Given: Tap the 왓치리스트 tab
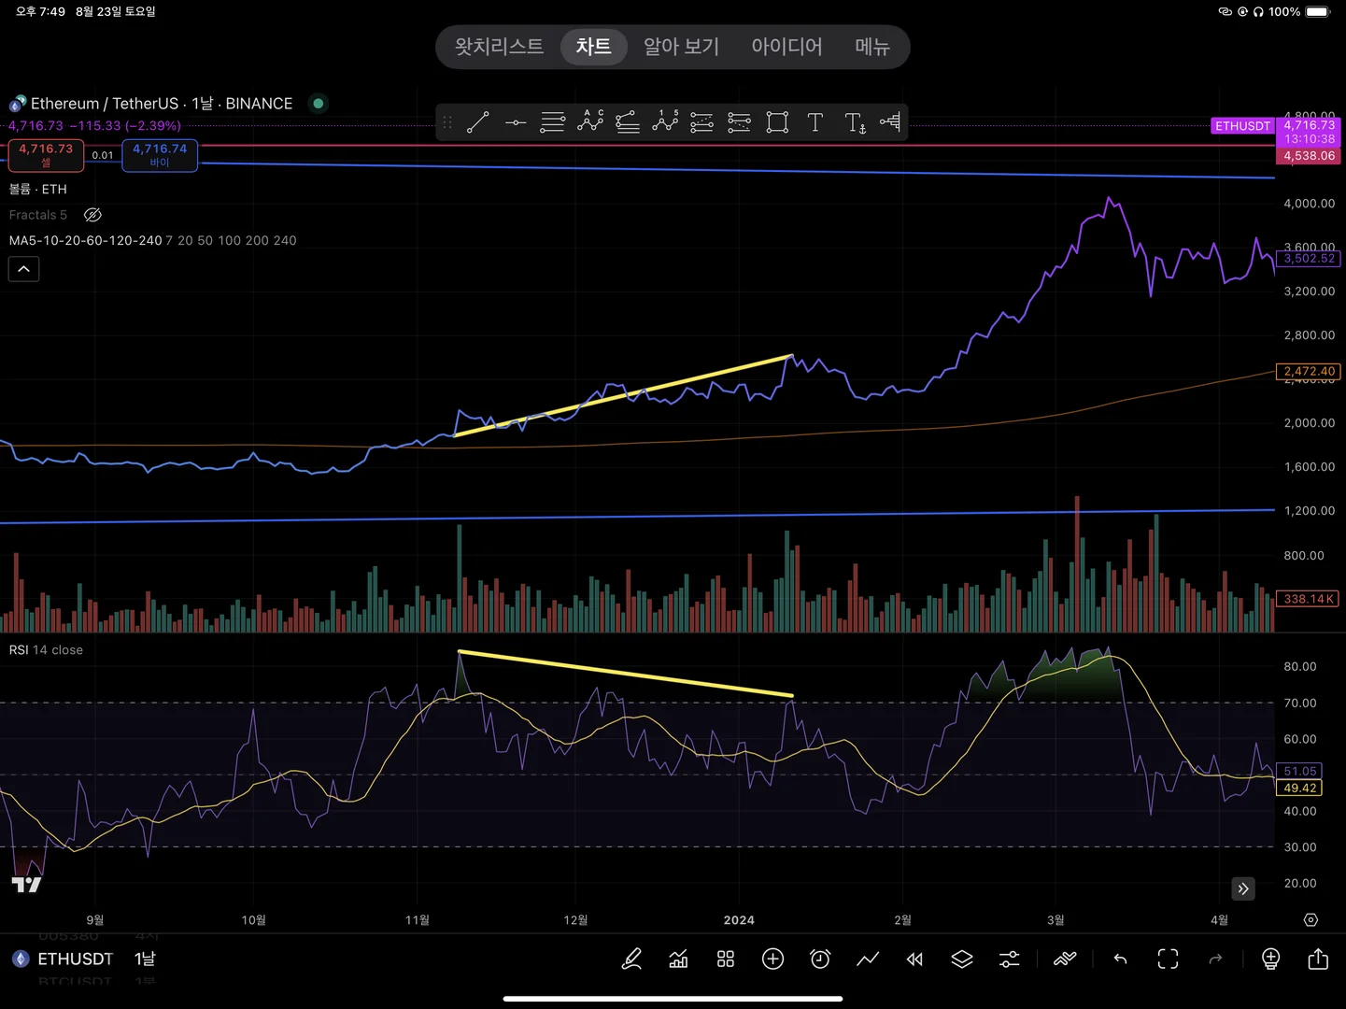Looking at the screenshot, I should click(499, 47).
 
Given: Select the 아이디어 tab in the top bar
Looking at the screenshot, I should click(786, 47).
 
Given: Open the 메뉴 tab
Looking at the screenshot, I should click(872, 47).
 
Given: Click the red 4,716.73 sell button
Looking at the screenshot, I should click(46, 154).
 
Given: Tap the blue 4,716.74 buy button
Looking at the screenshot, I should click(160, 154).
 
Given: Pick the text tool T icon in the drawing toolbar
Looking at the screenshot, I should click(815, 122).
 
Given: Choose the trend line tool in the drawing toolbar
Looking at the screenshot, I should click(478, 122).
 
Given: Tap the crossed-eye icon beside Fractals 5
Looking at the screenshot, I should click(92, 215).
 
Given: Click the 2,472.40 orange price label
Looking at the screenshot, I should click(1309, 371).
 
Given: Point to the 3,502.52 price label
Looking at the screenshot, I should click(1309, 259).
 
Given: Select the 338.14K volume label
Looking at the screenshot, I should click(1308, 599).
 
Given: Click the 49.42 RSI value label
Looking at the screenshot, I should click(1299, 789).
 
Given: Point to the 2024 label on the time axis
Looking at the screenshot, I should click(739, 920).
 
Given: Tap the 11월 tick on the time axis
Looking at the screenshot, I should click(418, 920).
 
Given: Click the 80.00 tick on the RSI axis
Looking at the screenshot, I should click(1299, 667).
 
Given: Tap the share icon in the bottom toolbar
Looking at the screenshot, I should click(1318, 959).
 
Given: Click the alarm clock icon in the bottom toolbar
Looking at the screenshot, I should click(820, 959).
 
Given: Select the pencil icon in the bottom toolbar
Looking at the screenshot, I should click(631, 959).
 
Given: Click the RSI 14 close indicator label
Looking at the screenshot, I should click(46, 650).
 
